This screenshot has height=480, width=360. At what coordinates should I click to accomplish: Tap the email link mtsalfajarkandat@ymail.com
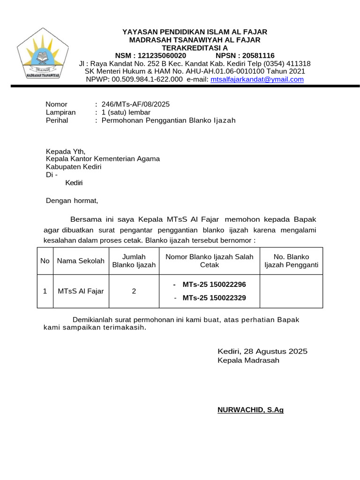tap(257, 80)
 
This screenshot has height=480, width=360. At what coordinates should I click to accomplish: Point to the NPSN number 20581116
tap(258, 55)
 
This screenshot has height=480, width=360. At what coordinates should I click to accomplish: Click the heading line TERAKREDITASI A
tap(195, 47)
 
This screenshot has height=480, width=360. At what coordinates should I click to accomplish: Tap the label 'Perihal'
tap(57, 120)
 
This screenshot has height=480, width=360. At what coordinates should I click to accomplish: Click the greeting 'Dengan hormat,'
tap(72, 201)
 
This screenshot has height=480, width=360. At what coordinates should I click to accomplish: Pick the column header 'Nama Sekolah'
tap(81, 261)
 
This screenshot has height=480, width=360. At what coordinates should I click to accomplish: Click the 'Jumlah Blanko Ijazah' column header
tap(134, 261)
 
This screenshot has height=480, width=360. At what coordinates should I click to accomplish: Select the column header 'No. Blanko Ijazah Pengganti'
tap(291, 261)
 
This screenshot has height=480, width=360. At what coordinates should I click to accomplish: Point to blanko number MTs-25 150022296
tap(214, 285)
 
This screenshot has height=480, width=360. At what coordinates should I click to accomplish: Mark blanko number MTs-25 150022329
tap(214, 298)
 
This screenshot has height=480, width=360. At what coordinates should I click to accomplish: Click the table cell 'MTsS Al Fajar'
tap(81, 291)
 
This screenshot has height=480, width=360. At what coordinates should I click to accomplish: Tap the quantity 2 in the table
tap(134, 291)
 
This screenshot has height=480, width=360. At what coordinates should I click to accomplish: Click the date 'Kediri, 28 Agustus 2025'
tap(262, 351)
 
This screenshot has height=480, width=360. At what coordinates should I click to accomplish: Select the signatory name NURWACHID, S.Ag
tap(250, 410)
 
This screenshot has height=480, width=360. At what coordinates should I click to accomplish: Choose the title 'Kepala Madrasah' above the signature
tap(248, 360)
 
